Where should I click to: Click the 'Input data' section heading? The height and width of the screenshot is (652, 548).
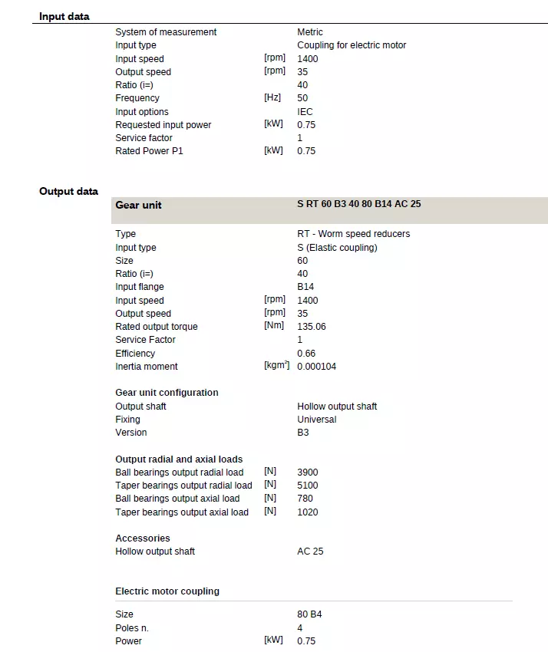tap(64, 16)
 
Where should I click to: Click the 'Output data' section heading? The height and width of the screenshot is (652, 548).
tap(68, 191)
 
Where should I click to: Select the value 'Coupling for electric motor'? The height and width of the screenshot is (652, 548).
tap(352, 45)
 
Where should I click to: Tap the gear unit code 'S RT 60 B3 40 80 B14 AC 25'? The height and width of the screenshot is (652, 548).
tap(358, 205)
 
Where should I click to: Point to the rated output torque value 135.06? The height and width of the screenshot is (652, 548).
tap(311, 327)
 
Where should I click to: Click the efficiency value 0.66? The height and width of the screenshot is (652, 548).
tap(305, 353)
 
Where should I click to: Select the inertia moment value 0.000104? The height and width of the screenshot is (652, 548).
tap(316, 367)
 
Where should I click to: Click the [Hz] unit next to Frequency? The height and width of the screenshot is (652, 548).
tap(272, 98)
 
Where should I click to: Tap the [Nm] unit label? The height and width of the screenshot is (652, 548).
tap(273, 327)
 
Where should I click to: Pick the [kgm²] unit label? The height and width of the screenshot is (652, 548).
tap(276, 366)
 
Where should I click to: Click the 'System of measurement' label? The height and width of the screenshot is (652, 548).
tap(166, 32)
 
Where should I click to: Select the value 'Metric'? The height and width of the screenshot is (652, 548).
tap(310, 32)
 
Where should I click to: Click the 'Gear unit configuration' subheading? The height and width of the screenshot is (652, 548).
tap(167, 393)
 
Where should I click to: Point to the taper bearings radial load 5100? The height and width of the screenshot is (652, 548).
tap(307, 486)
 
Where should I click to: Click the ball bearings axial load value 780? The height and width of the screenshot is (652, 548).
tap(305, 499)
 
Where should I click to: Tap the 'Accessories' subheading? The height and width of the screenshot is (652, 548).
tap(143, 538)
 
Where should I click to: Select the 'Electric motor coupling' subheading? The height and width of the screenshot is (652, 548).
tap(167, 591)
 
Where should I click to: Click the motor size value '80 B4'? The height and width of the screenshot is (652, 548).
tap(309, 614)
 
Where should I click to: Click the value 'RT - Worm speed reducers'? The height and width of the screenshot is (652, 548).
tap(353, 234)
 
